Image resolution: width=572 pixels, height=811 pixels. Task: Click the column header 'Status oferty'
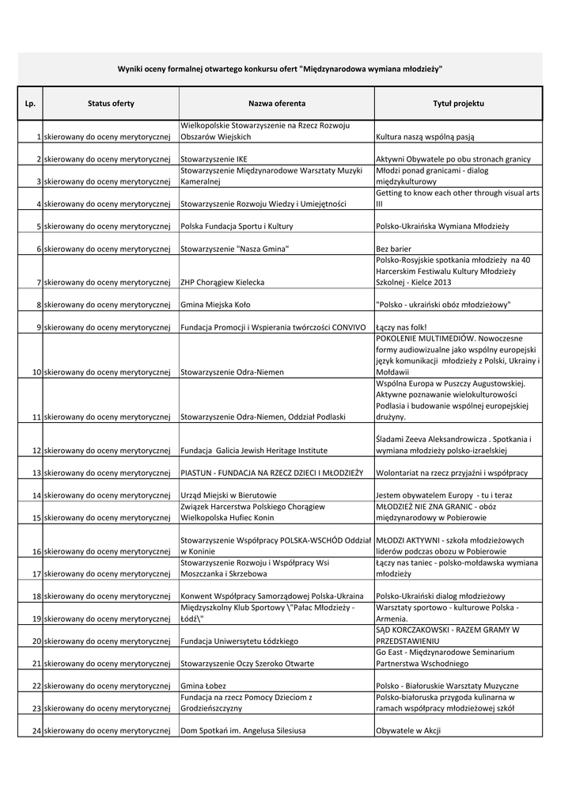point(111,104)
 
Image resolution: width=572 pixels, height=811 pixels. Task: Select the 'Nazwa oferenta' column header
point(277,104)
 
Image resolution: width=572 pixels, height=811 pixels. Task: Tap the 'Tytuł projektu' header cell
point(458,104)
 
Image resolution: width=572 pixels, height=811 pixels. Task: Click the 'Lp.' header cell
point(30,104)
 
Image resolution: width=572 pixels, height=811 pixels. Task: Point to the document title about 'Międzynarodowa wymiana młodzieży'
point(280,69)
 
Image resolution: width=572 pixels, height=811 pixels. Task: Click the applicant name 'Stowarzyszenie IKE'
point(214,159)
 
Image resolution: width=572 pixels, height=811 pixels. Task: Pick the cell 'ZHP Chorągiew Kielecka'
point(222,282)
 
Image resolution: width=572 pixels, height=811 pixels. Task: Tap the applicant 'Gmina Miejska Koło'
point(215,304)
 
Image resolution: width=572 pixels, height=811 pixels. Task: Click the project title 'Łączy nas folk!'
point(403,327)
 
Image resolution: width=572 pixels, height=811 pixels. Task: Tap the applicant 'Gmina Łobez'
point(203,685)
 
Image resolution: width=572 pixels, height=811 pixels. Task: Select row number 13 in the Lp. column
point(36,473)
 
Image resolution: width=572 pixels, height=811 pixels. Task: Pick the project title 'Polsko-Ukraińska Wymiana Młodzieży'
point(442,227)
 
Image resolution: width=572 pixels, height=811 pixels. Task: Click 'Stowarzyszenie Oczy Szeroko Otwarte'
point(247,663)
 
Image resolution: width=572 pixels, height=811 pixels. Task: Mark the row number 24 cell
point(36,730)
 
